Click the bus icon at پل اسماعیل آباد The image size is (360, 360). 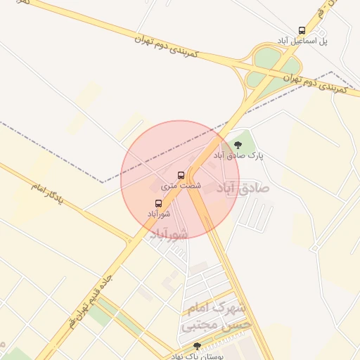[x=302, y=30]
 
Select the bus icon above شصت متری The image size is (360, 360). [x=181, y=174]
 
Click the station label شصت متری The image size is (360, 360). [x=181, y=186]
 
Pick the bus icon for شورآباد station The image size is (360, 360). [x=157, y=202]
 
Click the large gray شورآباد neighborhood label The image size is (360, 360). [x=169, y=234]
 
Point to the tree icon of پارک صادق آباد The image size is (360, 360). [x=238, y=145]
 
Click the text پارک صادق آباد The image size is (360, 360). [x=239, y=155]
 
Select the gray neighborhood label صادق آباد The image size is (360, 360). [x=243, y=188]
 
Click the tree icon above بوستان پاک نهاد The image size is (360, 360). [x=196, y=346]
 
